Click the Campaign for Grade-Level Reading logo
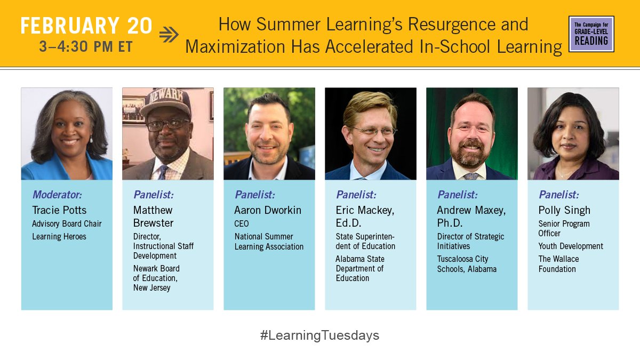point(591,34)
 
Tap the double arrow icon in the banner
point(169,35)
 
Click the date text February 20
point(86,26)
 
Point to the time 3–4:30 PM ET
point(86,46)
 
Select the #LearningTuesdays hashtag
point(319,335)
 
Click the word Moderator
point(57,195)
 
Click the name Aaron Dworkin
point(268,210)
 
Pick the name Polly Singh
point(564,210)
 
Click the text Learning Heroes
point(59,236)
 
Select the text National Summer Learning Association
point(269,242)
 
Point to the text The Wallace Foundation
point(558,264)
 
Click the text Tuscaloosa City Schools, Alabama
point(467,264)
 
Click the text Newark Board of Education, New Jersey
point(156,278)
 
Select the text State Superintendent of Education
point(365,242)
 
